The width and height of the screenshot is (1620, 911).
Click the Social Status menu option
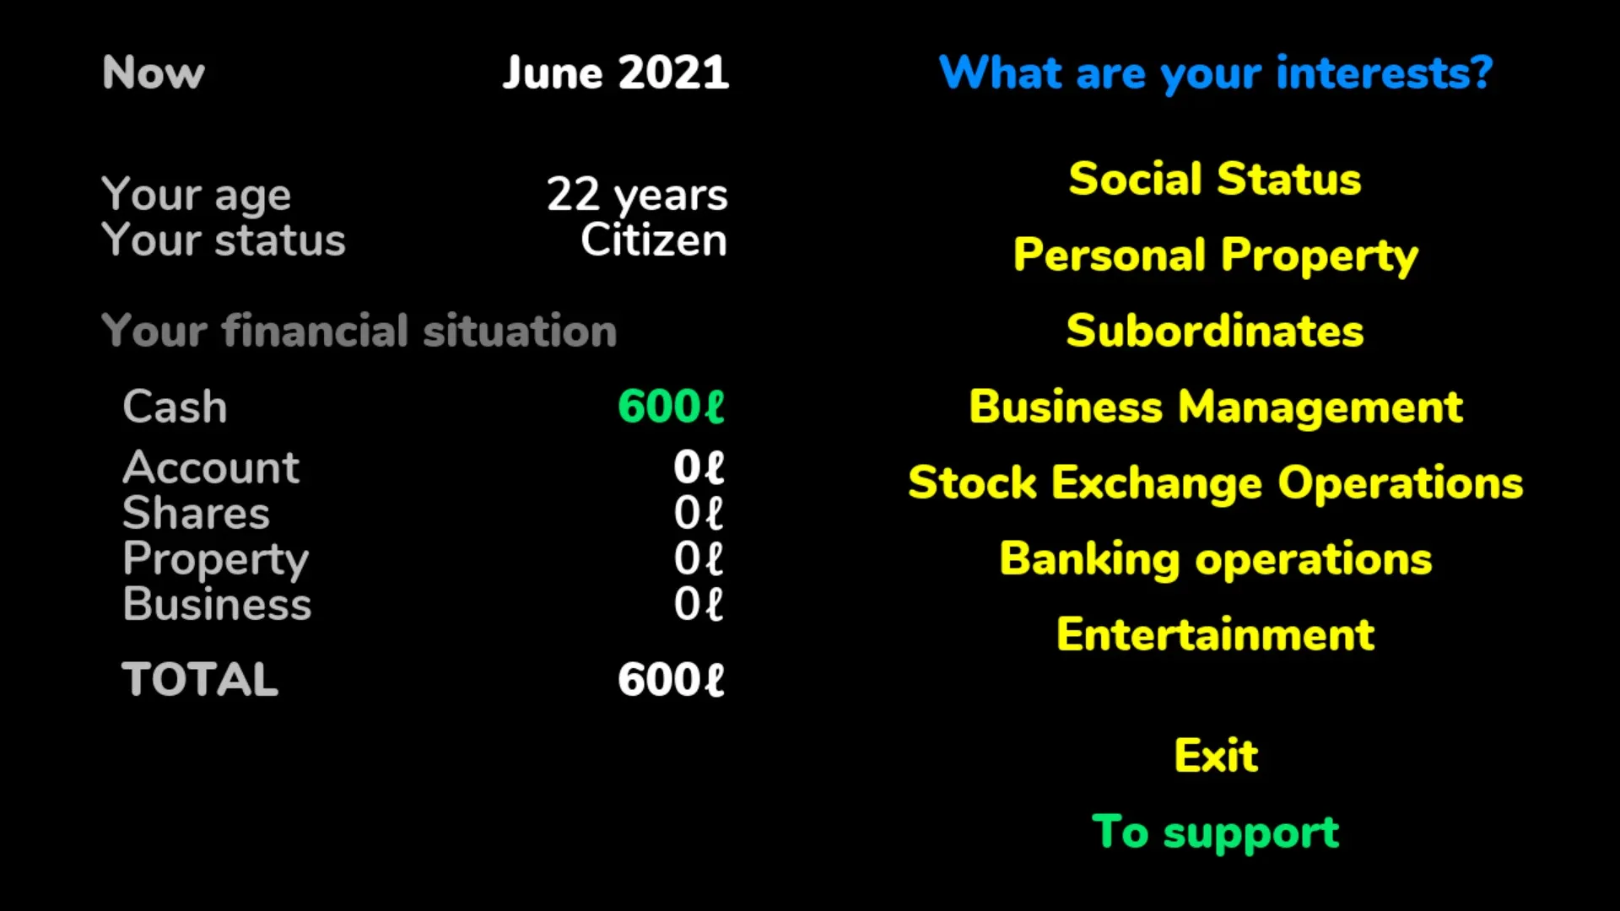coord(1215,179)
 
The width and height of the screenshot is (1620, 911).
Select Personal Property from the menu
coord(1216,256)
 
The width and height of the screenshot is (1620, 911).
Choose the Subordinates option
coord(1215,331)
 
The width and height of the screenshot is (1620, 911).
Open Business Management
coord(1216,407)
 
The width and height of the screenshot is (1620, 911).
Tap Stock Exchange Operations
coord(1216,483)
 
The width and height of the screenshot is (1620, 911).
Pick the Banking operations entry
coord(1216,559)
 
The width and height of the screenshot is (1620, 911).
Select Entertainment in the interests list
coord(1216,634)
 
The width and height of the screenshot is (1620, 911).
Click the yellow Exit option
coord(1216,755)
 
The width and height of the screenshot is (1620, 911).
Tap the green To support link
coord(1216,833)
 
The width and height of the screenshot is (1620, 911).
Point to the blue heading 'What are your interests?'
coord(1216,73)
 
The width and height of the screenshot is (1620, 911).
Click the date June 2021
coord(616,73)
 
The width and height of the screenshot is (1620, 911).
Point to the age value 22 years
coord(637,196)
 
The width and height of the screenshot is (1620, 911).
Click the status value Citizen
coord(654,240)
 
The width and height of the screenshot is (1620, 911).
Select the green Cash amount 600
coord(672,407)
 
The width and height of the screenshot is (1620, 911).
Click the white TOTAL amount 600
coord(672,680)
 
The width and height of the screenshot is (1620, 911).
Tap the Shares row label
coord(197,513)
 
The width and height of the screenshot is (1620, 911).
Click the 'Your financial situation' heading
coord(359,331)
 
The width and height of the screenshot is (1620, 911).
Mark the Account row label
coord(211,467)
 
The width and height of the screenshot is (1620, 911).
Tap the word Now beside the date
coord(154,73)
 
